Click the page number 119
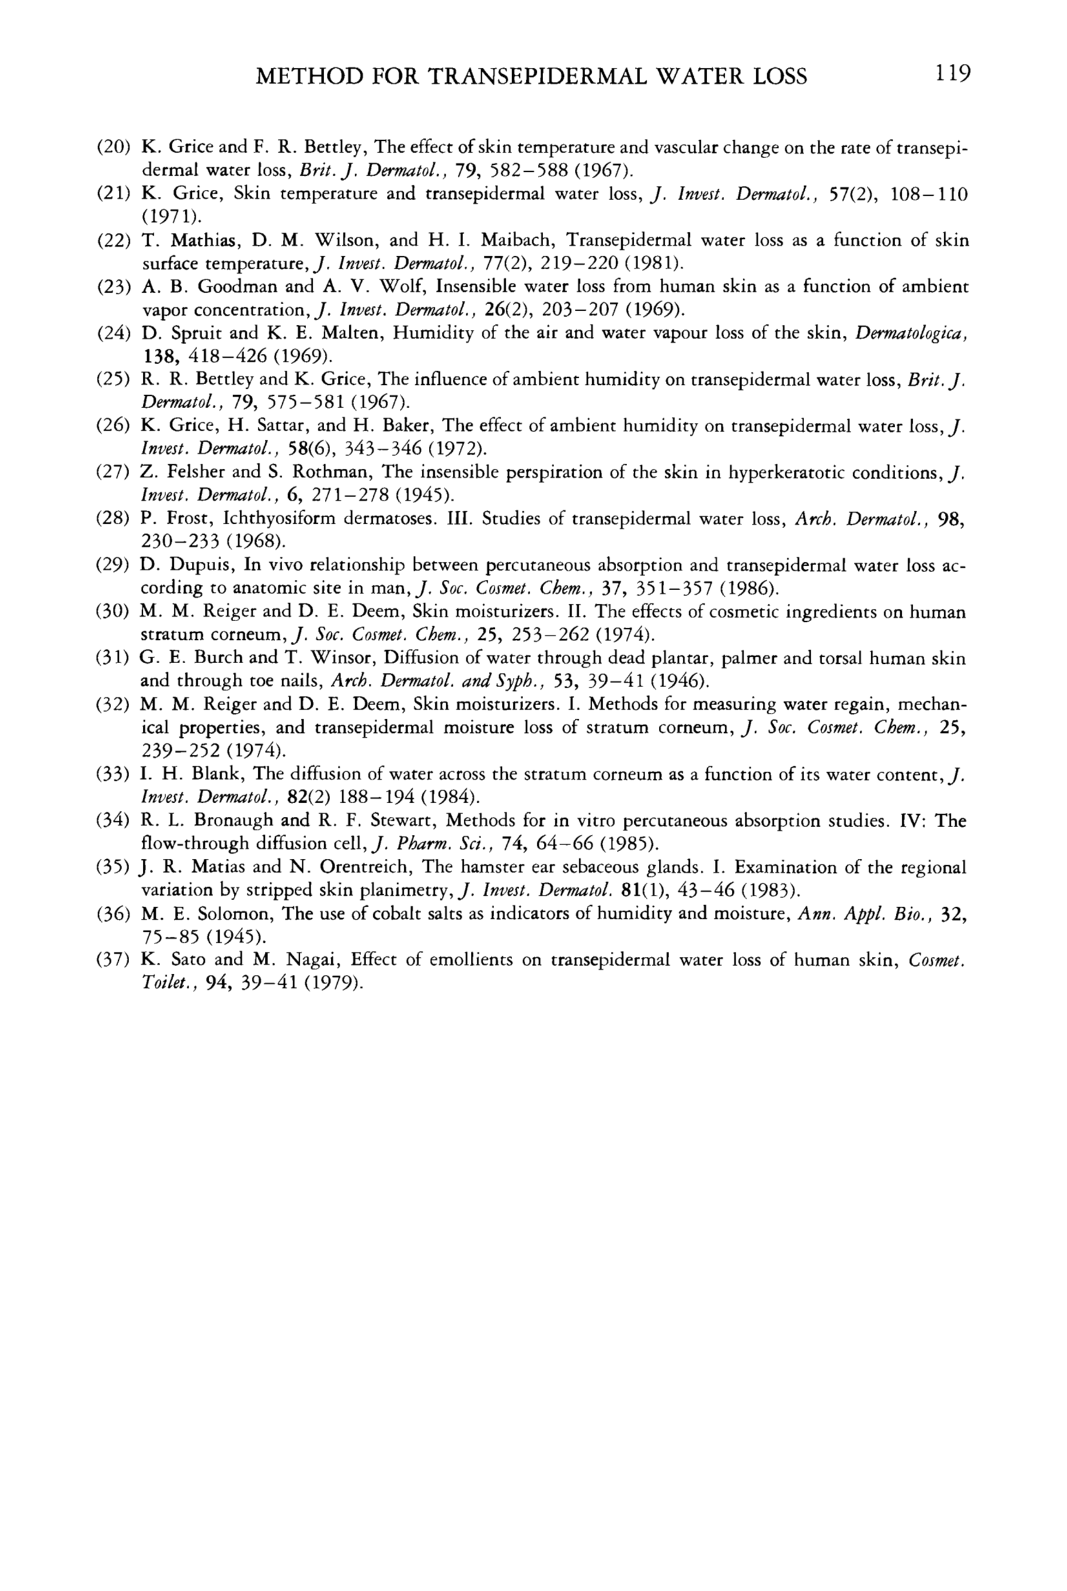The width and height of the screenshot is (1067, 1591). (x=952, y=73)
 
